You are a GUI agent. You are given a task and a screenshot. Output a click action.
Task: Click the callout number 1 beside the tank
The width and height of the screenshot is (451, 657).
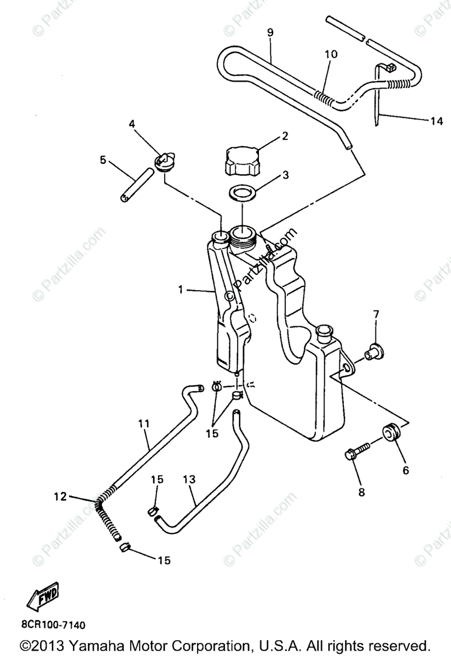pos(180,290)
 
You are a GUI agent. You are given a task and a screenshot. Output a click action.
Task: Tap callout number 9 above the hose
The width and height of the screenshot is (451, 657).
pos(270,32)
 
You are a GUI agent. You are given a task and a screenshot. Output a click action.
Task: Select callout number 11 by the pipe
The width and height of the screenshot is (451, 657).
pos(143,423)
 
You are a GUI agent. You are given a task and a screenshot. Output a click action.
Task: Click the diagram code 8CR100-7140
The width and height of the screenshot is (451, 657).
pos(53,624)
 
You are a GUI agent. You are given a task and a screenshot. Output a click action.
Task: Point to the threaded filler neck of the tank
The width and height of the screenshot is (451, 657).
pos(242,236)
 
